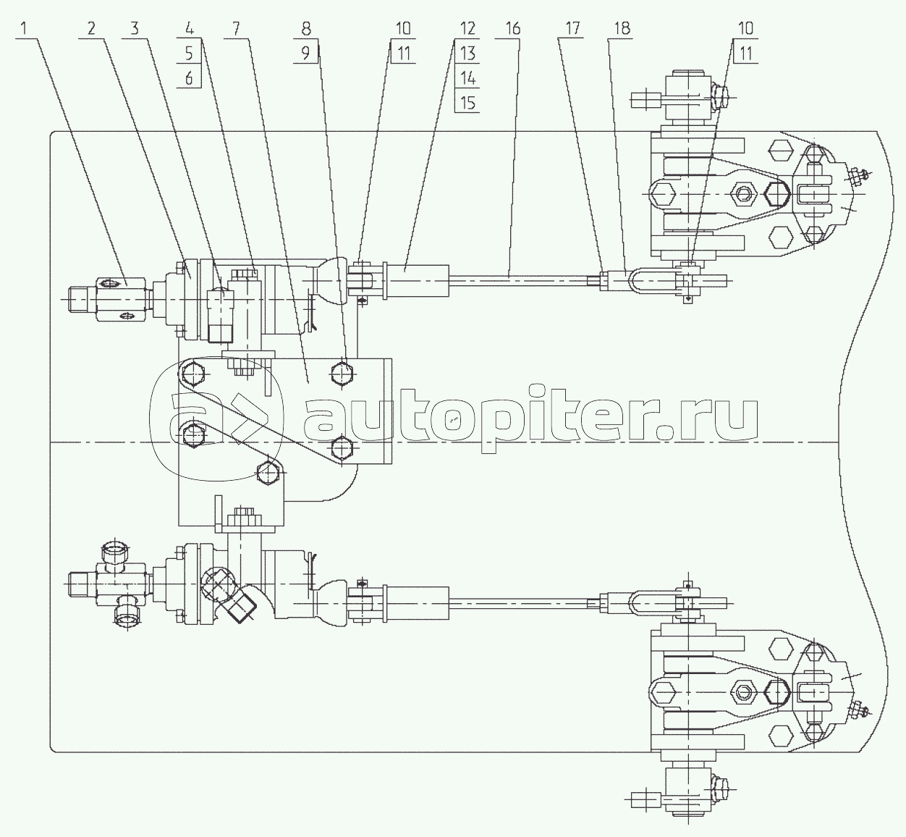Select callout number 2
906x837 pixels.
click(90, 29)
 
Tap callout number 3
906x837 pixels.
click(134, 29)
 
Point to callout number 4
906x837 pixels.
click(189, 29)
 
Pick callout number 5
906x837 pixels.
click(189, 53)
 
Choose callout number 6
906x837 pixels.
click(189, 77)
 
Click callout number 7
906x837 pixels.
click(234, 29)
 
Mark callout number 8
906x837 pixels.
click(306, 29)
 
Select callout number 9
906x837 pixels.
click(306, 53)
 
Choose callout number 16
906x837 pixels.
click(512, 29)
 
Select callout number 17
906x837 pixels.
click(572, 29)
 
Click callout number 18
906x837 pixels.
click(621, 29)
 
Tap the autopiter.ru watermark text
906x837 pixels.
click(532, 420)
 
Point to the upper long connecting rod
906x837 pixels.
click(521, 276)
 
